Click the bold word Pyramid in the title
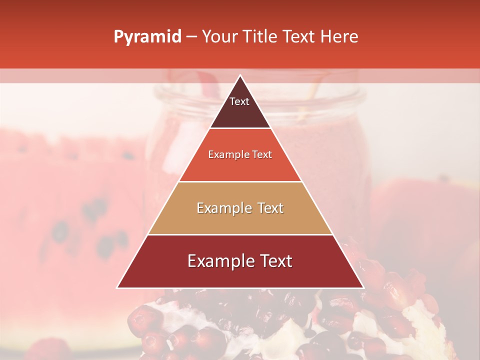coord(147,37)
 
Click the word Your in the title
coord(219,37)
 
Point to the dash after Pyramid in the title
coord(191,37)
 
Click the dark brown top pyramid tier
coord(240,115)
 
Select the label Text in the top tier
coord(239,101)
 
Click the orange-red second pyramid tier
coord(240,167)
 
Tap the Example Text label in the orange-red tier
coord(240,155)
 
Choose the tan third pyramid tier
coord(240,220)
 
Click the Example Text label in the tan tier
coord(240,208)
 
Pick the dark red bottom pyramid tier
coord(240,275)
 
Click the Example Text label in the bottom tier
coord(240,261)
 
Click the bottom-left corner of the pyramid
coord(118,287)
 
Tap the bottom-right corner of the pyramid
coord(362,287)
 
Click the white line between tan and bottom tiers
coord(240,234)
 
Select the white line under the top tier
coord(240,128)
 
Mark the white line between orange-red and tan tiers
coord(240,181)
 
